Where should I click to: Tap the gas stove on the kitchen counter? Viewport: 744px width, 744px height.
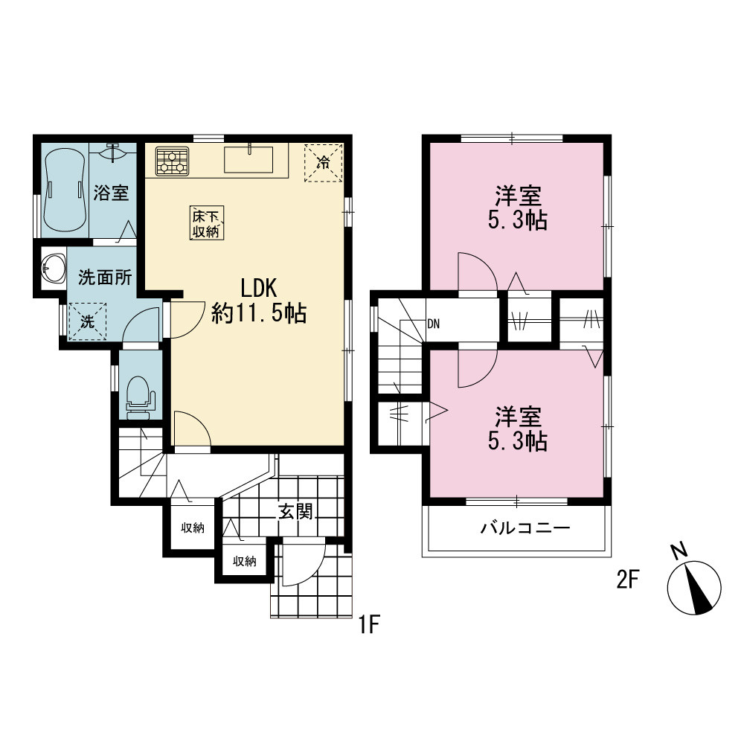172,161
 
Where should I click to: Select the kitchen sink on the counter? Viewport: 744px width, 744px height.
248,159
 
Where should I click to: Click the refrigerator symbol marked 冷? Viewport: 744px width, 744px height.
324,163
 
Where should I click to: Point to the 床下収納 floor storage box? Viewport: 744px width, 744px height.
207,223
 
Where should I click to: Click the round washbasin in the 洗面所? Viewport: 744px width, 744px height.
53,269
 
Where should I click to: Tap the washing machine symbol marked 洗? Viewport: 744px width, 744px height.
87,321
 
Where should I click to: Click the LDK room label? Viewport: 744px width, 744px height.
259,301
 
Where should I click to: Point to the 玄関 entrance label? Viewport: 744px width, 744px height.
295,512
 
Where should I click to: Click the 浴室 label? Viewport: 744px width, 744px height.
111,193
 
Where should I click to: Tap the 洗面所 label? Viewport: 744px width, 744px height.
105,278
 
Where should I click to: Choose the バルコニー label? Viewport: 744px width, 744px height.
525,528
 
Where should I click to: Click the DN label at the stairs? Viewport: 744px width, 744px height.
433,324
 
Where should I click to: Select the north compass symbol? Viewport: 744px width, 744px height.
693,586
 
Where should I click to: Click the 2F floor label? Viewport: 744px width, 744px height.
628,580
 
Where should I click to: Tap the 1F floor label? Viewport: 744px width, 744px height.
369,624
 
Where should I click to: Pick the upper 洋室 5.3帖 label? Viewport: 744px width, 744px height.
518,208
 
